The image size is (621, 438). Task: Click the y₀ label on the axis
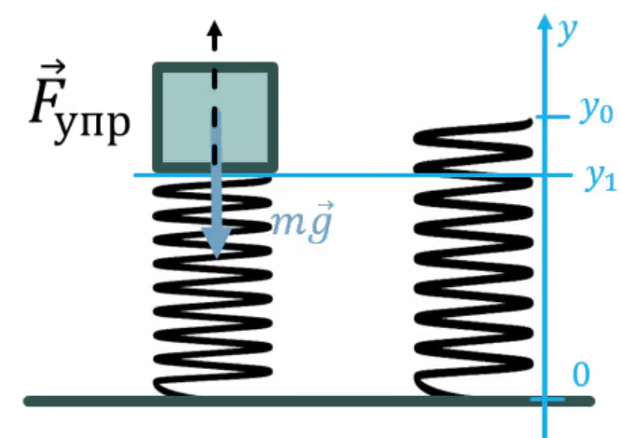coord(596,111)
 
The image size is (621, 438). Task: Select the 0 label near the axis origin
coord(581,374)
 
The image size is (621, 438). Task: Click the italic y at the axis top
coord(568,32)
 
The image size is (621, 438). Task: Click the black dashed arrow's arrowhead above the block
coord(214,30)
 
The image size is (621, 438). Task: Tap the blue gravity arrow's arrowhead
coord(216,242)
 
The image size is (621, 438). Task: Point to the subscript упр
coord(92,127)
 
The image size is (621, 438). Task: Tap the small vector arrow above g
coord(324,206)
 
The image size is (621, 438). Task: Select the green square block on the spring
coord(215,117)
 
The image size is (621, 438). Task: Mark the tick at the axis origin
coord(547,399)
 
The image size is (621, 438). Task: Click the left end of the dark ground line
coord(27,401)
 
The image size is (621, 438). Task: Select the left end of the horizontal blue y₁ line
coord(134,175)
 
